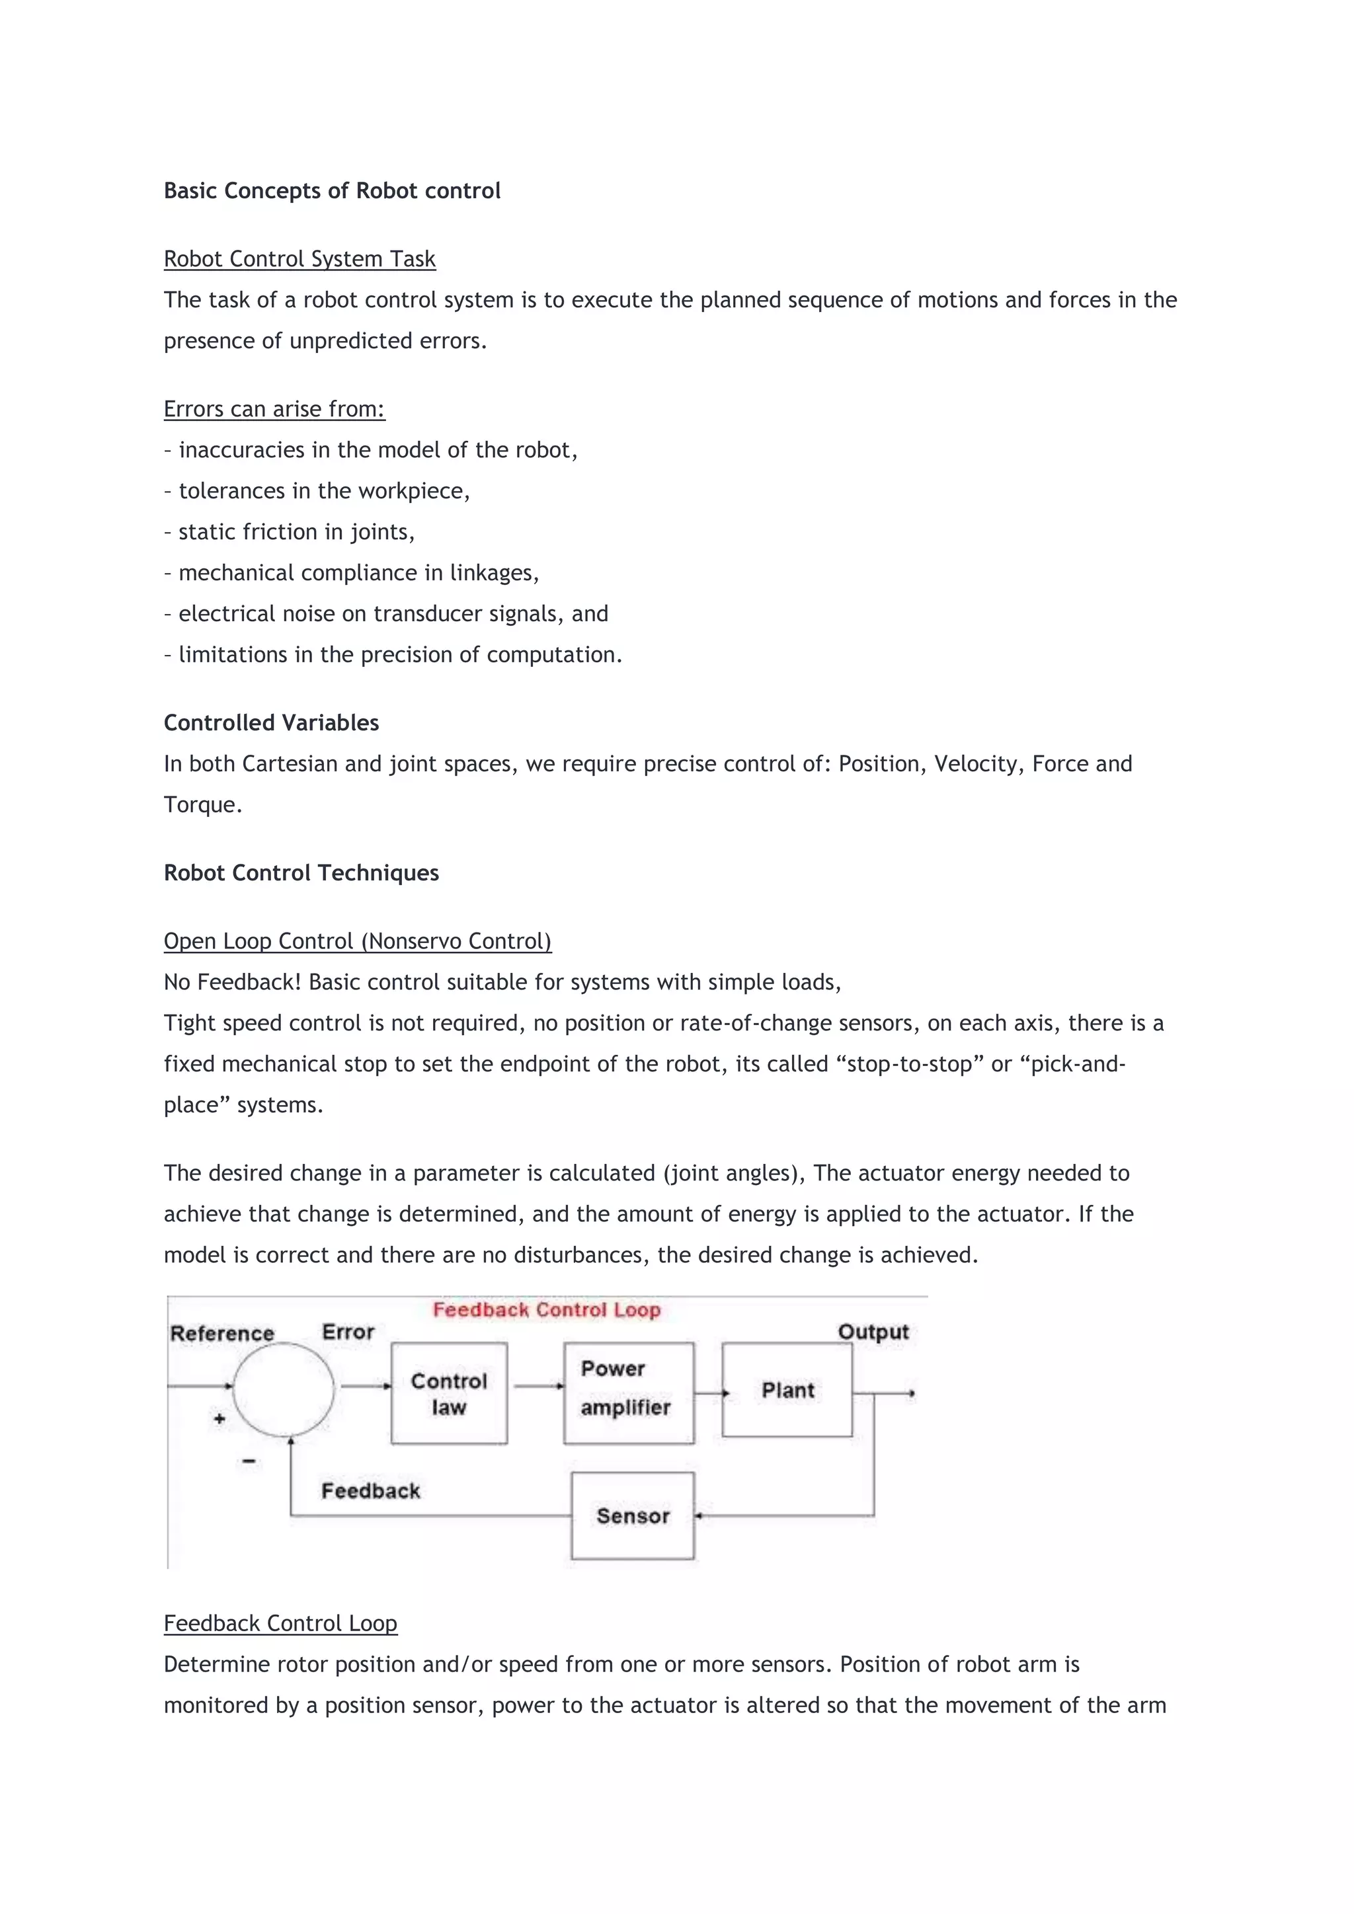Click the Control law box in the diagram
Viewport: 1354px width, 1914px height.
[448, 1393]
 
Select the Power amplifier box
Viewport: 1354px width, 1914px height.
[629, 1393]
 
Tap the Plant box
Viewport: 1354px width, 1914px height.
[787, 1390]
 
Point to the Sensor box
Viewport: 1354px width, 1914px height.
[633, 1515]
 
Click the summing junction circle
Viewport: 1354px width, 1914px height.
[284, 1390]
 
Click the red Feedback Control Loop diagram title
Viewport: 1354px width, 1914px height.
[546, 1310]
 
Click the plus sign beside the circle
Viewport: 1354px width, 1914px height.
[219, 1418]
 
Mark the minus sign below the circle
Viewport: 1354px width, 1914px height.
[249, 1461]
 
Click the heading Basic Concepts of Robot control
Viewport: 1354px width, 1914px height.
[332, 191]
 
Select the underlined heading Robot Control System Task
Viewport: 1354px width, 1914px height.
[299, 259]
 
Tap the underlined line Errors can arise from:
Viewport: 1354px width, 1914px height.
[274, 409]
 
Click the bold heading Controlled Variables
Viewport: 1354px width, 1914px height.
[271, 723]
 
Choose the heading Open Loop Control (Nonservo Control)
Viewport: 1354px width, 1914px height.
[357, 941]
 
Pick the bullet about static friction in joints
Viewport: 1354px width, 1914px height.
[290, 532]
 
